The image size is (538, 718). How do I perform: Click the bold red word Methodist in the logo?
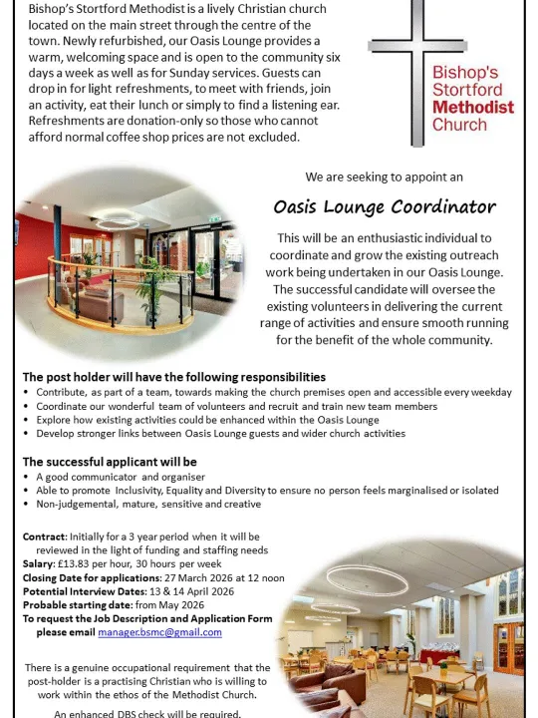(x=473, y=107)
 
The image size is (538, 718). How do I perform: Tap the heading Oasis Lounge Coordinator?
(x=384, y=207)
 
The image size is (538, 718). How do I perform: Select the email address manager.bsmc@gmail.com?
(x=159, y=632)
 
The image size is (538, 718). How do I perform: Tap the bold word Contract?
(x=45, y=537)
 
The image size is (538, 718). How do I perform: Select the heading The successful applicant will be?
(x=110, y=462)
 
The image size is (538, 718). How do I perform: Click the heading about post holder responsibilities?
(x=174, y=377)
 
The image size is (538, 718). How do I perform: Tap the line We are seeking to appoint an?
(x=384, y=177)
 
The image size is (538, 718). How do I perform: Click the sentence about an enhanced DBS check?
(x=146, y=713)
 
